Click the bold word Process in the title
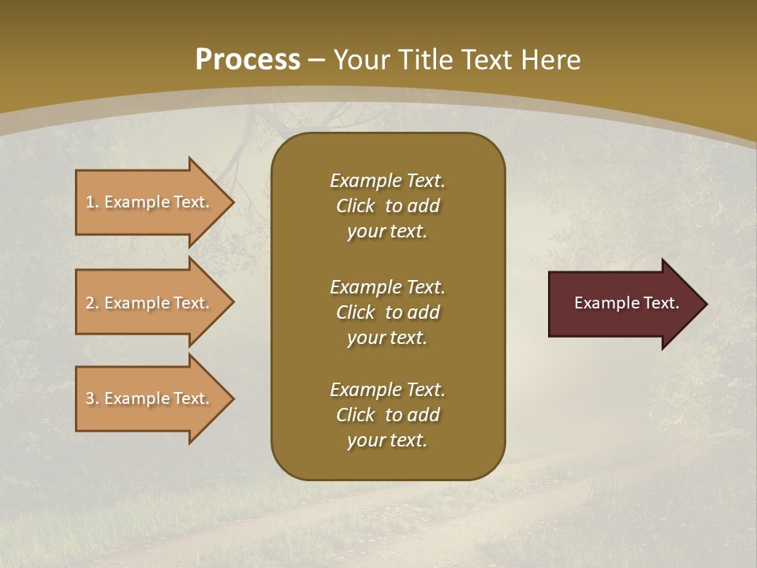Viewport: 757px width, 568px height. (248, 59)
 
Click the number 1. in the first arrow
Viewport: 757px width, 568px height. (92, 202)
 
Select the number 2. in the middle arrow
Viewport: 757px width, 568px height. (92, 303)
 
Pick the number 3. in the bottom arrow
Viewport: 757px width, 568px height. (92, 398)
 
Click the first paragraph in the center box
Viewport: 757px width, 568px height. (387, 206)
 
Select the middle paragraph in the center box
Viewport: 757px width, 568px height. (387, 312)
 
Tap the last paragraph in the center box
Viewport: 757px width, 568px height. (387, 415)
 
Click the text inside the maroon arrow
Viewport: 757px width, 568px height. (626, 303)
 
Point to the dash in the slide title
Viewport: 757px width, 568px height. (317, 60)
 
